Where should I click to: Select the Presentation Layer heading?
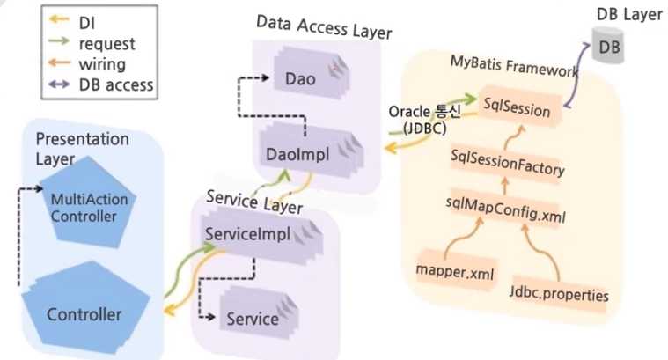(82, 148)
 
